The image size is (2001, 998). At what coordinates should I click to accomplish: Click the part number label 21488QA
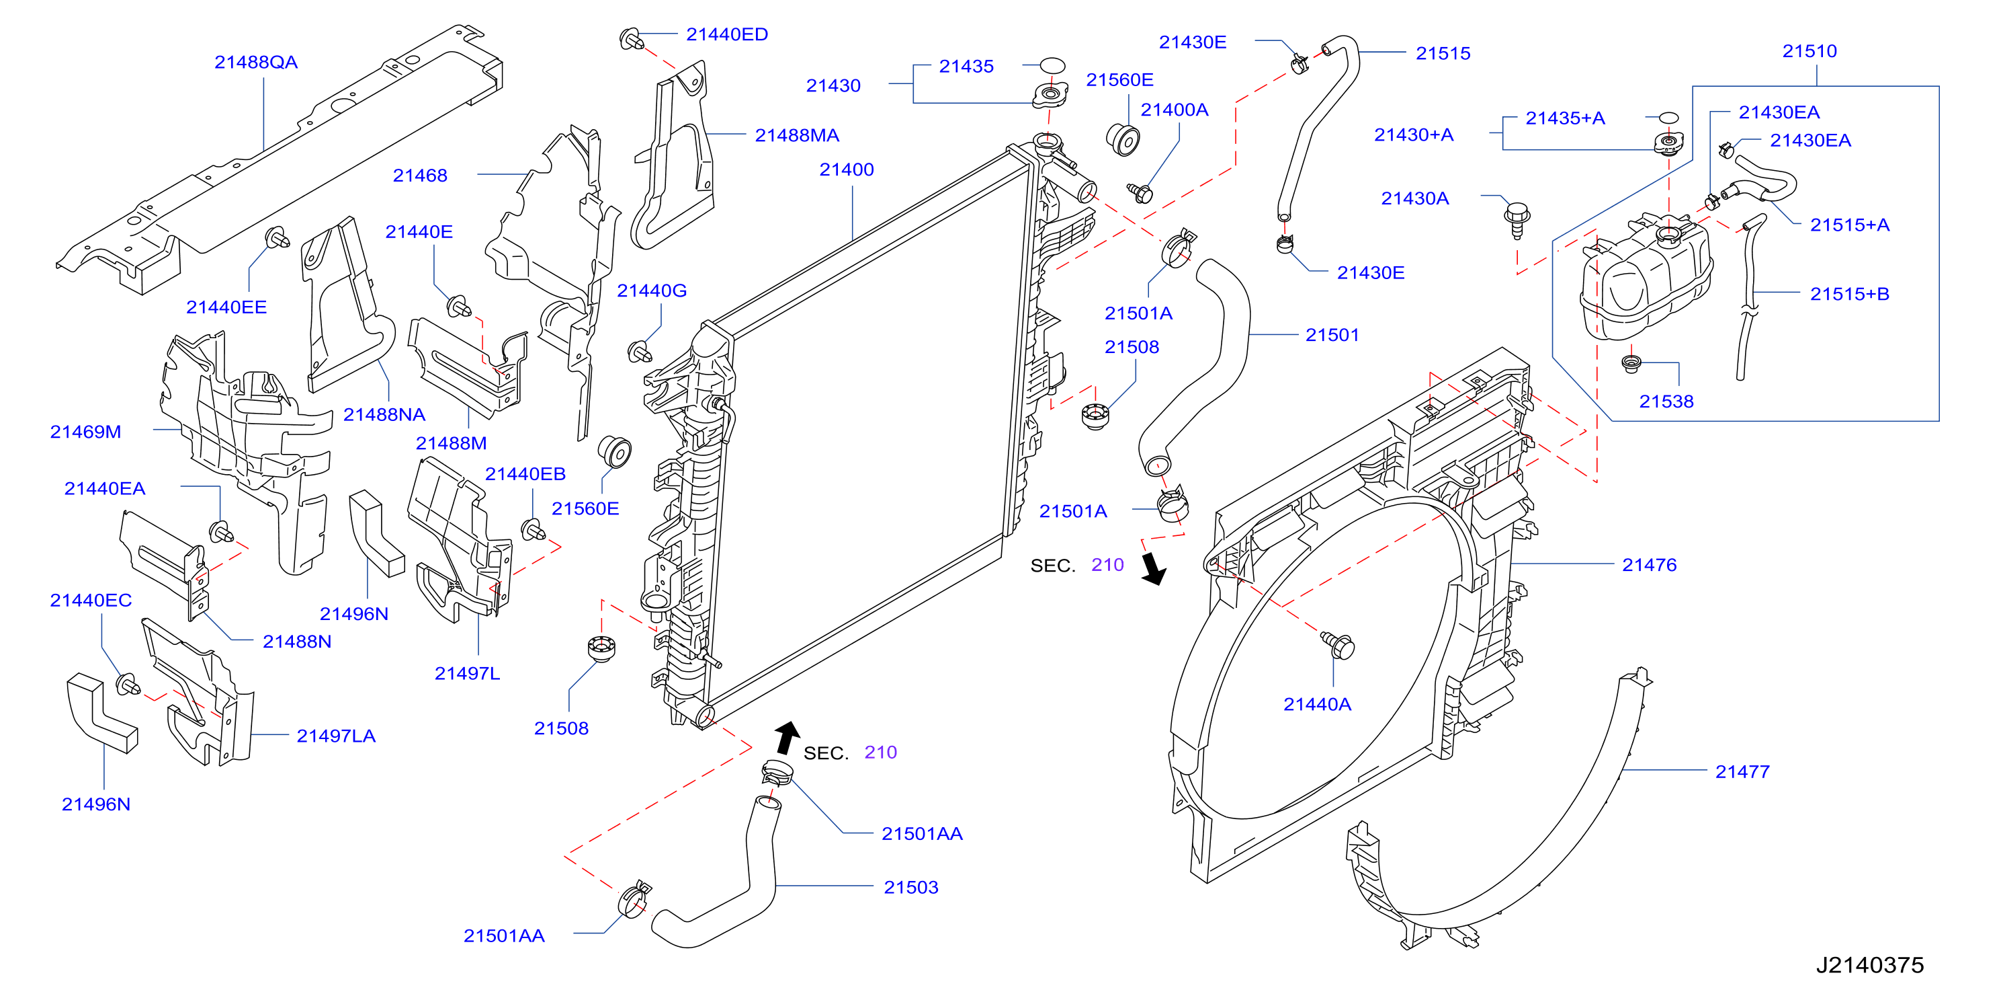255,62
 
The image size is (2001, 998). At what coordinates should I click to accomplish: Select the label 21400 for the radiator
846,169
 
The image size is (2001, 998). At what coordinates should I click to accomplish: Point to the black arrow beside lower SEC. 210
787,738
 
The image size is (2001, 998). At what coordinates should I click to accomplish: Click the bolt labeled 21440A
1338,644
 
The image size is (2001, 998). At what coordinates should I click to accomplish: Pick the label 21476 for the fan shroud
1648,565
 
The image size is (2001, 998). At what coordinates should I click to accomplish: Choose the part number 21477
1742,772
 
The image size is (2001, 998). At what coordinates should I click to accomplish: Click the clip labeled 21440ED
631,38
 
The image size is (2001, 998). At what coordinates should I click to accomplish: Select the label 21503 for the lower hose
910,888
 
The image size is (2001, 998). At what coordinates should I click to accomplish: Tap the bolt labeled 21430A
1517,219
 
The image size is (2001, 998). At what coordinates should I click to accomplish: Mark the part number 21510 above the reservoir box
1809,51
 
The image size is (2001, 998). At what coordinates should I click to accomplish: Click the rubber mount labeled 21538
1631,363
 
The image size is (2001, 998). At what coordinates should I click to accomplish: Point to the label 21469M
85,432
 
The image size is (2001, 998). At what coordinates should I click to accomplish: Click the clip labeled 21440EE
278,237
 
